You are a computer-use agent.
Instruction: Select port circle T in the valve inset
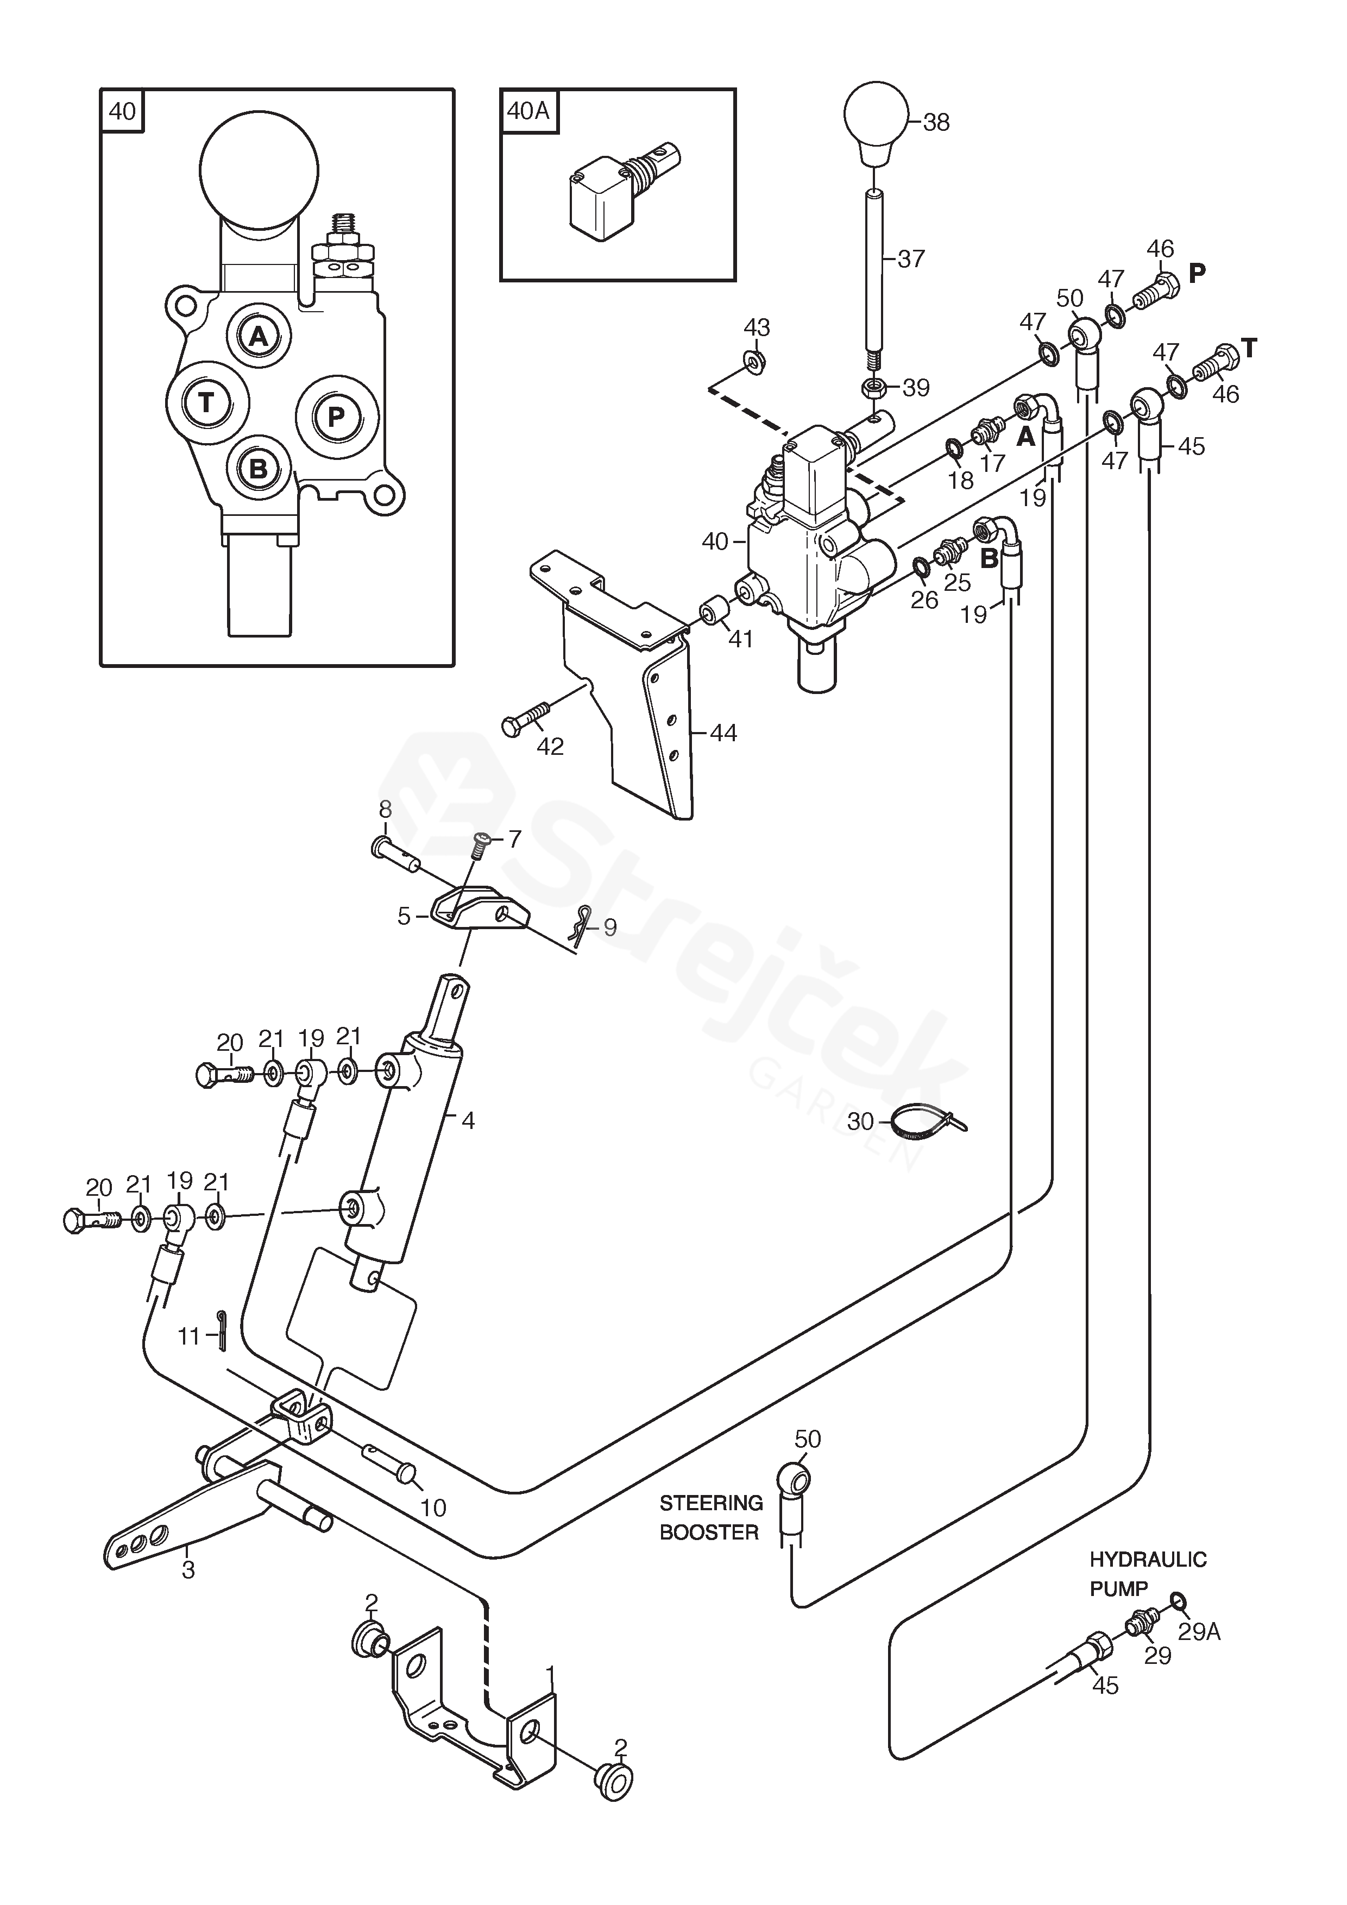(x=206, y=403)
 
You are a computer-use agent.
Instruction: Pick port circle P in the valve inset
(x=337, y=415)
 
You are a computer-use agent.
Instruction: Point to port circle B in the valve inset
(x=258, y=469)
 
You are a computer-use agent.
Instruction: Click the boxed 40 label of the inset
(x=122, y=110)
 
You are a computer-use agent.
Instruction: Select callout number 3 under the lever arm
(x=188, y=1570)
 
